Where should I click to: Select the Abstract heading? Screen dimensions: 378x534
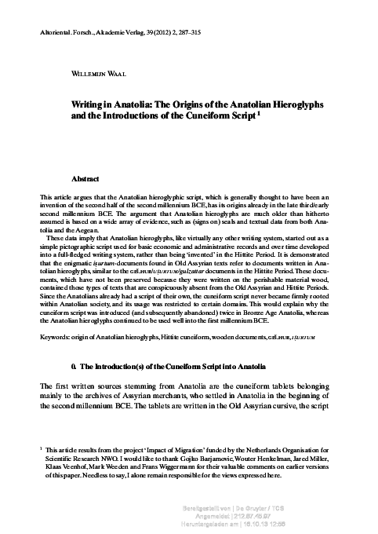click(x=85, y=179)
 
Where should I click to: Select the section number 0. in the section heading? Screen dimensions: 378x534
click(x=72, y=367)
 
